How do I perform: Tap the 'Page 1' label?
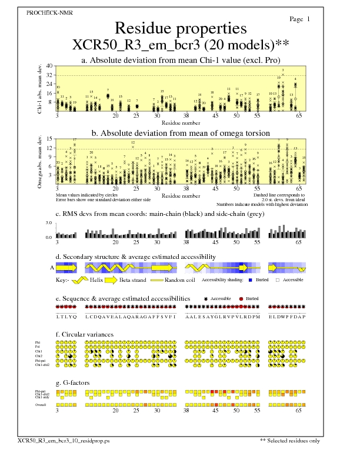coord(300,19)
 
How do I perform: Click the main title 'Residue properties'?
coord(180,28)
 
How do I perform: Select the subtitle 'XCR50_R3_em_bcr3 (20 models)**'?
coord(180,45)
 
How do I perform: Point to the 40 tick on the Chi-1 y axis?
coord(49,66)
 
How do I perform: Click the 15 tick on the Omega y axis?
coord(49,139)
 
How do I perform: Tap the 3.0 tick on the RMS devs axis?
coord(49,224)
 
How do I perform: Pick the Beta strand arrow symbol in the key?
coord(133,281)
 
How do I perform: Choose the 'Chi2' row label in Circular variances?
coord(38,356)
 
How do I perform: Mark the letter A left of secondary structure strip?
coord(52,267)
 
